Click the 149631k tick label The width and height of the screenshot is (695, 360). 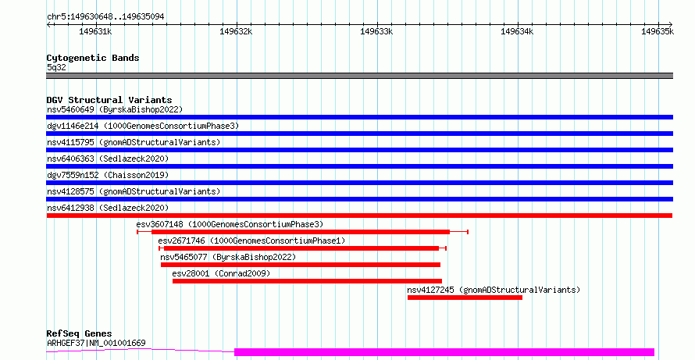click(x=95, y=31)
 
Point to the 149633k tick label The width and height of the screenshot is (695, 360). click(x=376, y=31)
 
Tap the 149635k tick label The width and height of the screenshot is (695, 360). click(x=658, y=31)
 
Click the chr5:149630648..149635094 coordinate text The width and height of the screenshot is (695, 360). click(x=105, y=17)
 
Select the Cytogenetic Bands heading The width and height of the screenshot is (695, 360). click(x=93, y=58)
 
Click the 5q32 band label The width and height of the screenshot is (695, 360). click(x=56, y=68)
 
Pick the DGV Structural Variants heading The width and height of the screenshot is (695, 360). click(x=109, y=100)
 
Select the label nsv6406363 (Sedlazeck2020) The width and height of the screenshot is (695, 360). click(x=108, y=159)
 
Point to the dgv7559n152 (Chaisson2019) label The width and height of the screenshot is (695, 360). click(x=108, y=175)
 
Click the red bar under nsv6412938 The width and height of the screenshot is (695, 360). click(x=359, y=216)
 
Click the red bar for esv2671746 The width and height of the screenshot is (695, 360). click(x=301, y=248)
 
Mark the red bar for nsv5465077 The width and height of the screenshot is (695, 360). click(x=301, y=265)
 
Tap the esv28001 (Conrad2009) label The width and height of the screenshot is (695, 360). click(x=221, y=273)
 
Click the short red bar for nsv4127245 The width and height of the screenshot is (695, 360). click(x=465, y=298)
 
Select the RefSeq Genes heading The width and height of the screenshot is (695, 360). click(x=79, y=333)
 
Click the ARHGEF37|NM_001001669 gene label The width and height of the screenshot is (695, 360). click(x=96, y=343)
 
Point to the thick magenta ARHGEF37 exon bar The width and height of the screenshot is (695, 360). click(x=444, y=352)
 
